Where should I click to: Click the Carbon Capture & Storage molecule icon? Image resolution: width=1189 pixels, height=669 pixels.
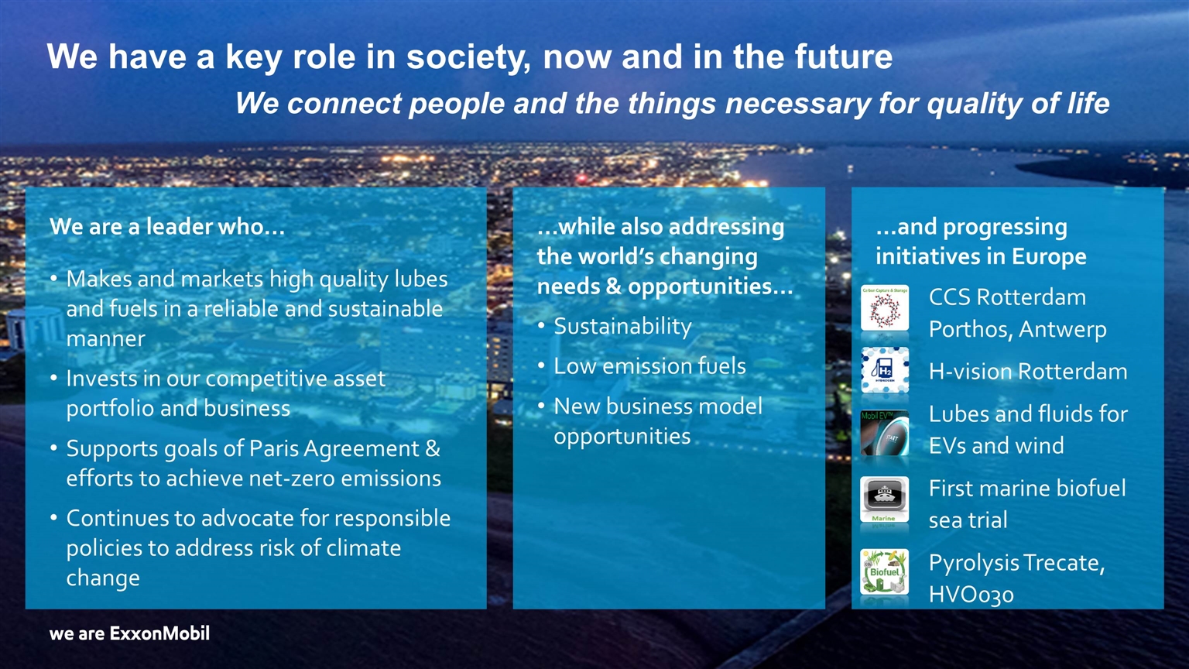[884, 308]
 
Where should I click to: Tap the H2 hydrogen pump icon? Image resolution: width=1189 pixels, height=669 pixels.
[884, 369]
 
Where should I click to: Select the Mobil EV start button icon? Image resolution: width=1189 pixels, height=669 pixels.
[884, 433]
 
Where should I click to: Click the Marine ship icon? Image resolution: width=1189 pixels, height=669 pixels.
[884, 499]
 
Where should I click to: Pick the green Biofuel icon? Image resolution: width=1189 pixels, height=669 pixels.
[884, 572]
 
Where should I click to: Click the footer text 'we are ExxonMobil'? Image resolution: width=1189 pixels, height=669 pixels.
[129, 633]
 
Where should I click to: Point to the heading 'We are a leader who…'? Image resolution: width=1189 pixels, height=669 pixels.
[167, 227]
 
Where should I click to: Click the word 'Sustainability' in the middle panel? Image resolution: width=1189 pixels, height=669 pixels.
[622, 327]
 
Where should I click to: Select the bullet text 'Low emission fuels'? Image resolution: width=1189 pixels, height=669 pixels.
[649, 365]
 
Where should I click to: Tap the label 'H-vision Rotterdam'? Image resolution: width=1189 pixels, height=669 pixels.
[1028, 371]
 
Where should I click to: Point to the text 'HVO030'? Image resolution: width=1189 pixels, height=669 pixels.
[971, 595]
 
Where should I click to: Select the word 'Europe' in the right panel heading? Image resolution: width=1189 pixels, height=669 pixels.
[1049, 256]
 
